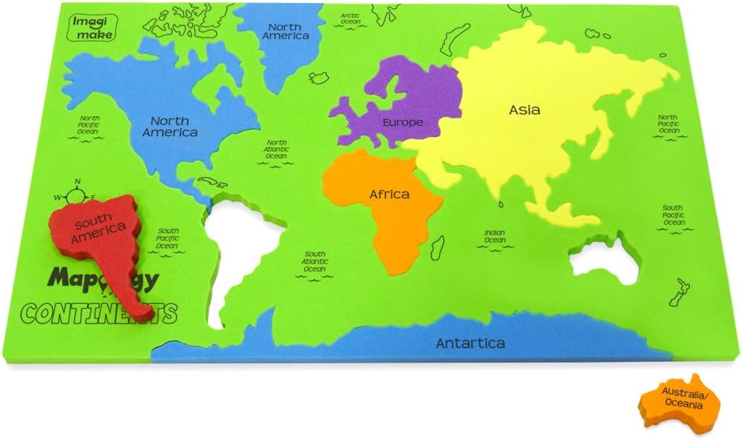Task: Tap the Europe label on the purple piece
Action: tap(402, 122)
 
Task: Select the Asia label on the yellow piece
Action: tap(524, 110)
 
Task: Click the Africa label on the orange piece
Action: tap(390, 194)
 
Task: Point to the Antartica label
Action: tap(470, 343)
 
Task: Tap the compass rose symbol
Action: tap(77, 196)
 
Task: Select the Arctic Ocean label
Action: tap(350, 19)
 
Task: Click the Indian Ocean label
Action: tap(495, 236)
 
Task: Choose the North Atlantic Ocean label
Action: tap(276, 151)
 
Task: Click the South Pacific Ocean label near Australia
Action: tap(673, 215)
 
